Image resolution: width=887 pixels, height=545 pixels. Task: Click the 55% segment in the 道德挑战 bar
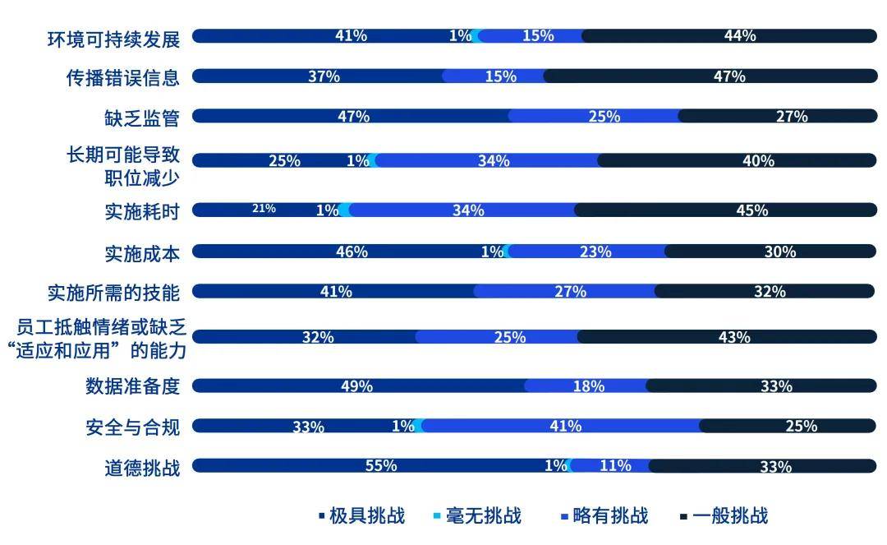[x=381, y=466]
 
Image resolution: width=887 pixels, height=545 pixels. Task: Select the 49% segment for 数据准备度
[x=357, y=386]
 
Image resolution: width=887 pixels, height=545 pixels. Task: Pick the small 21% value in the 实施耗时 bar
[x=264, y=210]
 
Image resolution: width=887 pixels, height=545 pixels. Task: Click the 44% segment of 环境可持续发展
[x=739, y=35]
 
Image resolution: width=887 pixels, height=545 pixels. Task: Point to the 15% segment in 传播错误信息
[x=501, y=76]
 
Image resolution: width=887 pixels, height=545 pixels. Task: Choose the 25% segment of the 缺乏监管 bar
[x=604, y=117]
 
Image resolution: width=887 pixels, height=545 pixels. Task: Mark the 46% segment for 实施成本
[x=352, y=252]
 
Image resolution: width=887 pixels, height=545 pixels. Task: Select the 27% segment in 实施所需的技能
[x=570, y=292]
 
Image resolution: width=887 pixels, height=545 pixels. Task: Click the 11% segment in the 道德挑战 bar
[x=615, y=466]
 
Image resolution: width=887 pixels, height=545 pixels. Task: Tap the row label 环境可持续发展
[x=113, y=37]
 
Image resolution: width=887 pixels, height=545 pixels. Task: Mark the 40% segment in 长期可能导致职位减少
[x=758, y=160]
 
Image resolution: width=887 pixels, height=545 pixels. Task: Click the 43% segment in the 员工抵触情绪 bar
[x=733, y=337]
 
